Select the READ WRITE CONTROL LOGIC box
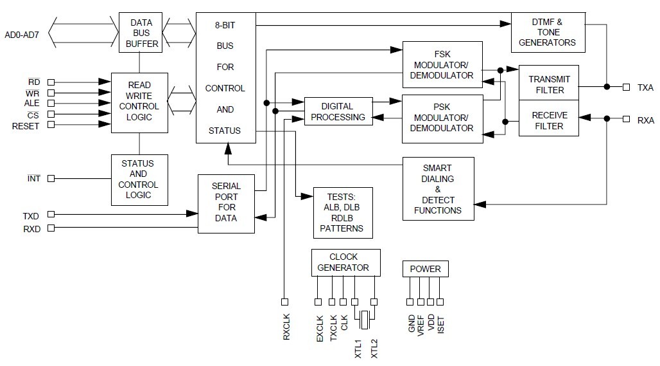(139, 102)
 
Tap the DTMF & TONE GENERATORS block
(548, 32)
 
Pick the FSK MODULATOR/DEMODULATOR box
(442, 64)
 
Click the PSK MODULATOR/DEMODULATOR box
(442, 118)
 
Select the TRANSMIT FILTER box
(549, 84)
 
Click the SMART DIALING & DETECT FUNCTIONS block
(438, 189)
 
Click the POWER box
(426, 268)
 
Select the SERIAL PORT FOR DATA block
(225, 203)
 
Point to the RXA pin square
(627, 118)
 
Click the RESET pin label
(26, 126)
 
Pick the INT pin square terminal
(51, 178)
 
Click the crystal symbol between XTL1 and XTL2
(365, 318)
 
